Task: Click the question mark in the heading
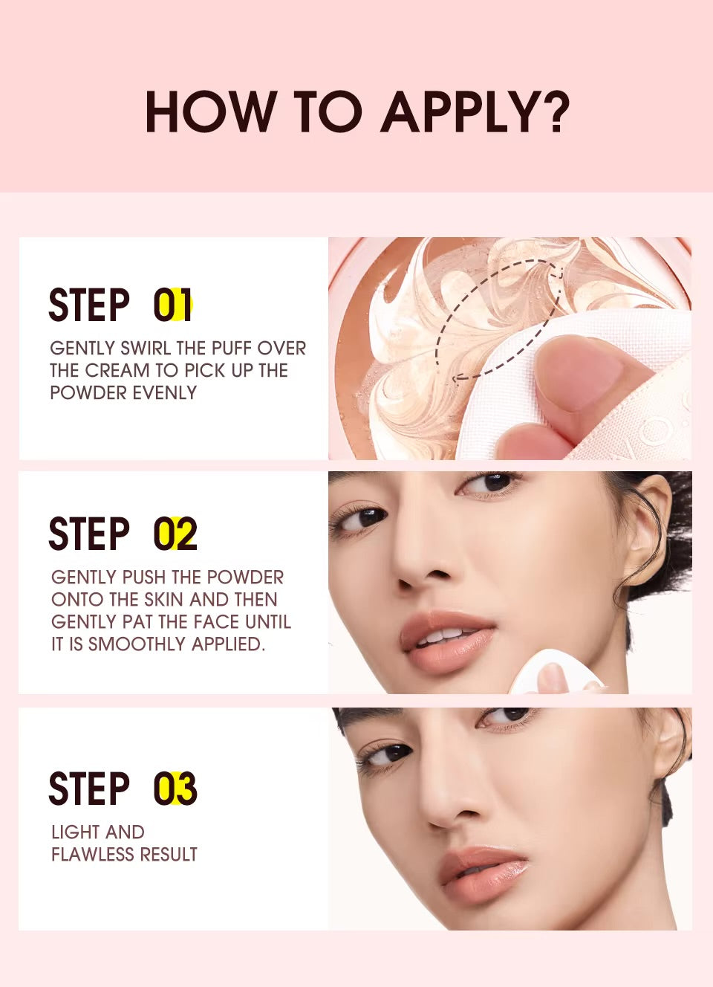553,111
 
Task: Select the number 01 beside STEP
172,305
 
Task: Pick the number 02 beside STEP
175,533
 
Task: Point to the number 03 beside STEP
175,789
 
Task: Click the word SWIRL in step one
146,348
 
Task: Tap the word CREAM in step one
117,371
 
